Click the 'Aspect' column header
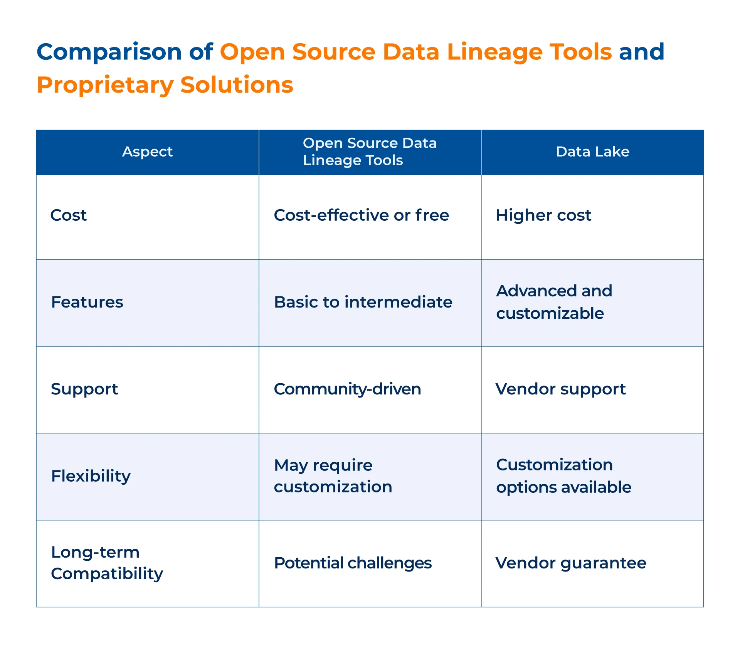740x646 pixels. click(x=147, y=152)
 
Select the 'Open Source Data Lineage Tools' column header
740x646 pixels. click(x=370, y=152)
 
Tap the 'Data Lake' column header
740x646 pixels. click(x=592, y=152)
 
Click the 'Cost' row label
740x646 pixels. click(x=69, y=215)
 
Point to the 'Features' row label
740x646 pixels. click(x=87, y=302)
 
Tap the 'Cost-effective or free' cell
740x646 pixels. click(x=361, y=215)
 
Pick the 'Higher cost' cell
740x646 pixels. click(x=543, y=215)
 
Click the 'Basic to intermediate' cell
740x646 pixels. click(x=363, y=302)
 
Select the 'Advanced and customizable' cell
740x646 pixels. click(x=554, y=302)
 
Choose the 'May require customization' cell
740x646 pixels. click(x=333, y=476)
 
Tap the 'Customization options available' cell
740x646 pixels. click(x=563, y=476)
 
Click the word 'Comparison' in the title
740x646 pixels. click(x=109, y=52)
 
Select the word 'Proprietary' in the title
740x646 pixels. click(x=105, y=85)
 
